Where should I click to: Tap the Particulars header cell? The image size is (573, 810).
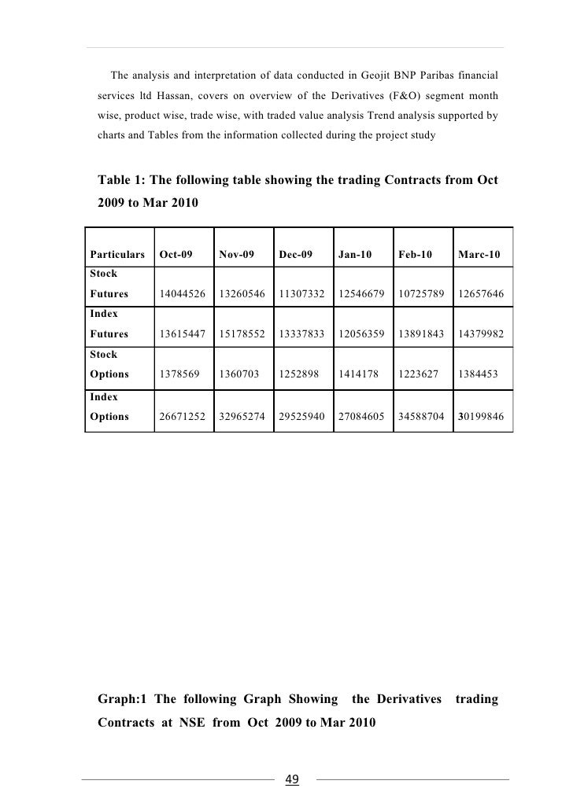click(x=117, y=255)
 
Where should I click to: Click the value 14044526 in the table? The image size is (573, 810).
click(x=183, y=294)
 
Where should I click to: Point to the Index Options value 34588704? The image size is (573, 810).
click(x=420, y=417)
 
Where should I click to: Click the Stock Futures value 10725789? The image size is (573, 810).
click(x=420, y=294)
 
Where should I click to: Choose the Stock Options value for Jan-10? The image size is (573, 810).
click(x=357, y=376)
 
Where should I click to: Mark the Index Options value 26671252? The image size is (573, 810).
click(x=183, y=417)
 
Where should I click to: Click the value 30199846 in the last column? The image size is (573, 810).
click(x=481, y=417)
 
